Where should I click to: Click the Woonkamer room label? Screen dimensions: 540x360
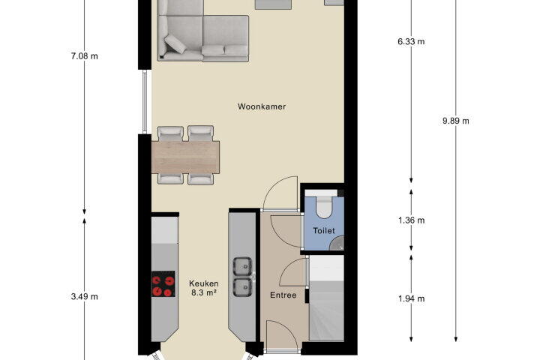262,106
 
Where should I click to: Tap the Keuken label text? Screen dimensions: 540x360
203,283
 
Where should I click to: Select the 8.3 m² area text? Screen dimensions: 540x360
203,292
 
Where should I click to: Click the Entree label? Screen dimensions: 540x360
283,295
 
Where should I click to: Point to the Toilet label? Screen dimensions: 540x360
324,231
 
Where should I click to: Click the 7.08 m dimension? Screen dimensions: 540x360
84,55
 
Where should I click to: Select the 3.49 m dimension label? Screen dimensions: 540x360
84,296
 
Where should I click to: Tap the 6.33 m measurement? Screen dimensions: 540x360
411,42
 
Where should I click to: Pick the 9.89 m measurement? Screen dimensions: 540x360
456,121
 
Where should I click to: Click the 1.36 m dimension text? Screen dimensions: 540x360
411,220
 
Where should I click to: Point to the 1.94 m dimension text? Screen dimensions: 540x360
411,298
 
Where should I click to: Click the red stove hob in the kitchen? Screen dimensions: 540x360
163,283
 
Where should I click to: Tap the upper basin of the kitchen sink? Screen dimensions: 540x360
243,267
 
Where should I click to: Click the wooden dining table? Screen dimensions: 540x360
185,157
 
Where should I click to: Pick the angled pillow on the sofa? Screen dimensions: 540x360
175,43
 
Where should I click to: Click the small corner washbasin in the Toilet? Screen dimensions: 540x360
337,243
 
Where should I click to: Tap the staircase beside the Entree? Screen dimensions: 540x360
326,298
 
